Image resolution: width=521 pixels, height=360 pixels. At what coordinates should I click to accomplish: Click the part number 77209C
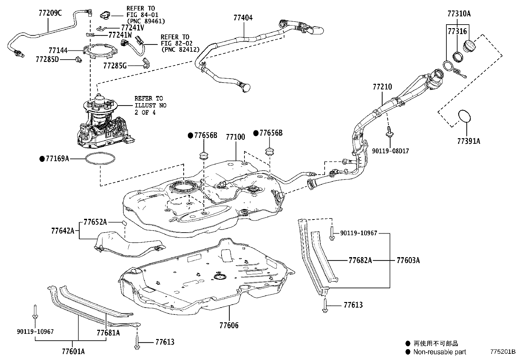click(x=50, y=13)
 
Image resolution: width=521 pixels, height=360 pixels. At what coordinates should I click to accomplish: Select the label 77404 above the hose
click(x=243, y=18)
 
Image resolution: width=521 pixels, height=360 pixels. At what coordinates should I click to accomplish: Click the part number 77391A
click(x=469, y=141)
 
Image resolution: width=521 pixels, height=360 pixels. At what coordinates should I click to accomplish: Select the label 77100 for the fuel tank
click(x=235, y=137)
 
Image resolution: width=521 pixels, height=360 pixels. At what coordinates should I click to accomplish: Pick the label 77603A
click(x=408, y=260)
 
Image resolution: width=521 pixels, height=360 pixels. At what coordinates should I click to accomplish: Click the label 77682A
click(x=360, y=260)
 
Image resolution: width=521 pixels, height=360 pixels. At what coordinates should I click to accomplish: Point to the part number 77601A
click(x=73, y=351)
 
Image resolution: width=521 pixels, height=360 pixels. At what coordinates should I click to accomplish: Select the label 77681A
click(x=108, y=333)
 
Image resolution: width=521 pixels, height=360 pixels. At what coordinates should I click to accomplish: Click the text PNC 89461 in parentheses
click(x=146, y=21)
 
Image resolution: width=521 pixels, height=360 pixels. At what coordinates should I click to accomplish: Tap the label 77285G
click(x=115, y=66)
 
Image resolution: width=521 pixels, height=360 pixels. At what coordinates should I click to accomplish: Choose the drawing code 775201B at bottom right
click(x=502, y=352)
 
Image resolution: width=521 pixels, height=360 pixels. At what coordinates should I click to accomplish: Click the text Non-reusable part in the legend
click(x=440, y=352)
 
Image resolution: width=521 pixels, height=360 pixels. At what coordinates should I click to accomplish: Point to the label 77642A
click(x=63, y=231)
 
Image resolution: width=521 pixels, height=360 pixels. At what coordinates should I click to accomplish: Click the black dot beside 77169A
click(x=42, y=159)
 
